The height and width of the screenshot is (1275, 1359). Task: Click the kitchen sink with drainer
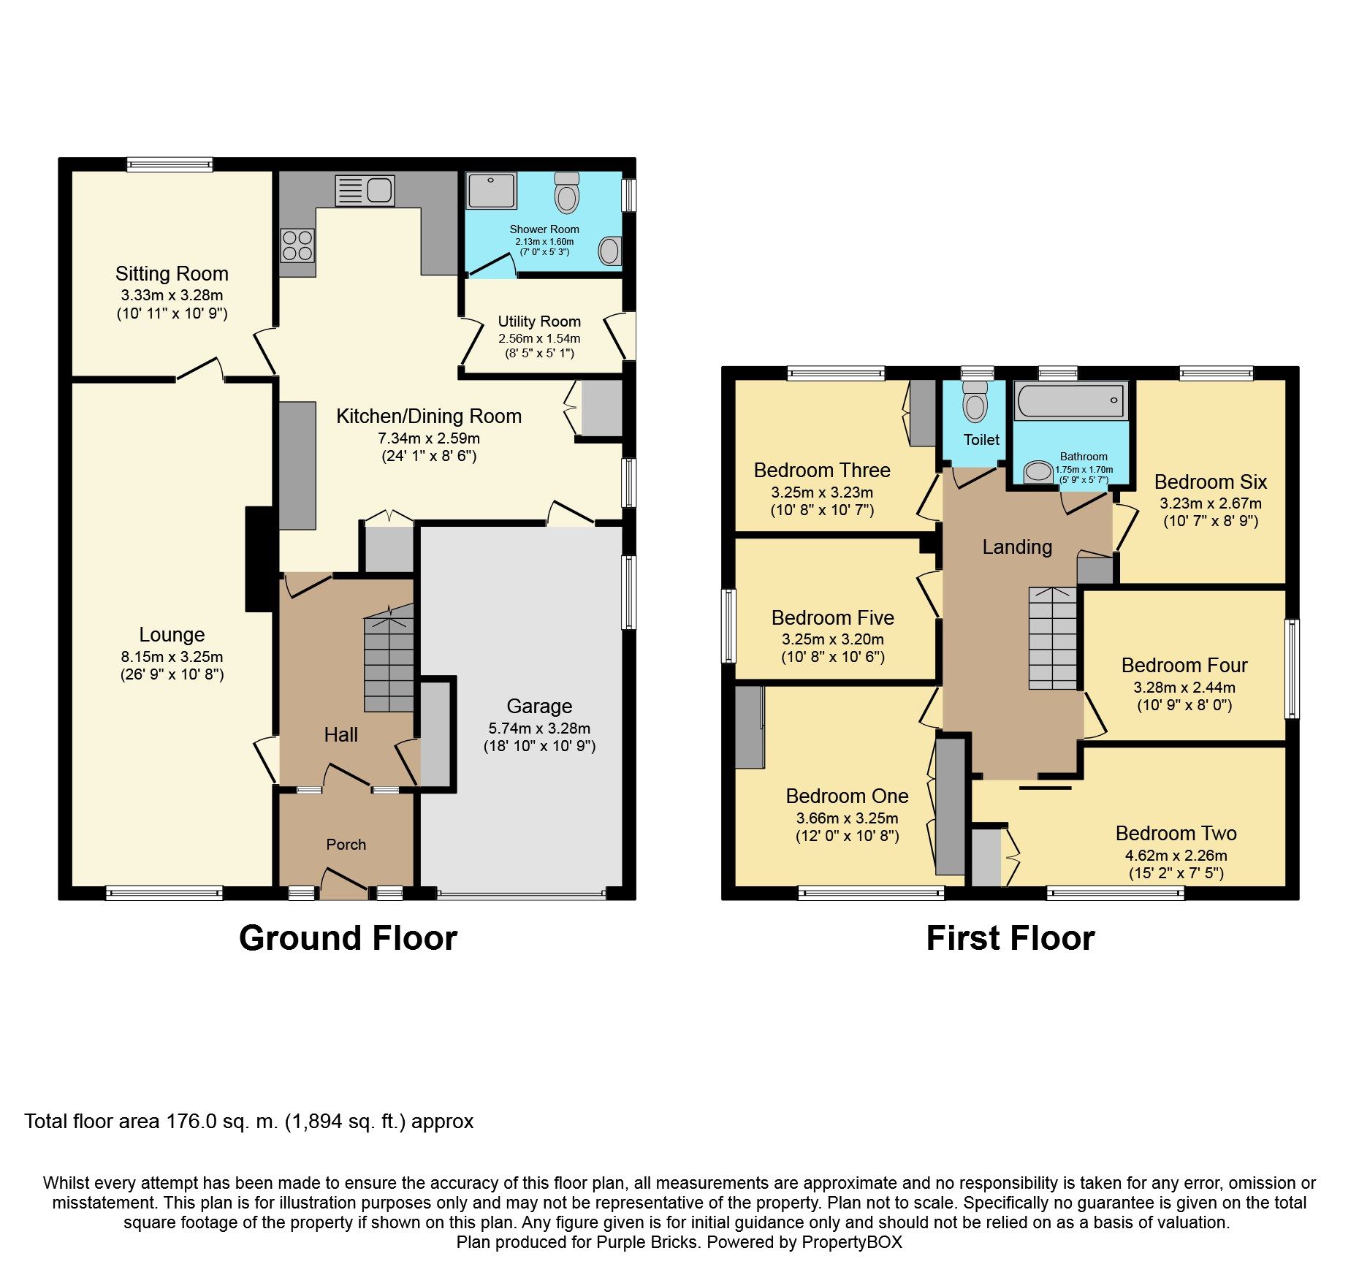point(365,190)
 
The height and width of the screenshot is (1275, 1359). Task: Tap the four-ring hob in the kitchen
point(297,246)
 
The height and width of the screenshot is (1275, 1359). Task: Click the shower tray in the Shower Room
point(492,190)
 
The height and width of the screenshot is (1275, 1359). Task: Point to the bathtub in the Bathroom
point(1070,400)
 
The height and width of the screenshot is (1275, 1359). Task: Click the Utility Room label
point(539,321)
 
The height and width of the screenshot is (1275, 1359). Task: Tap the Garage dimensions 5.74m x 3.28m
point(539,728)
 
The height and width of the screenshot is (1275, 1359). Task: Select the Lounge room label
point(172,635)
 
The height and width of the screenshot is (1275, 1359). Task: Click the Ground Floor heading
point(348,938)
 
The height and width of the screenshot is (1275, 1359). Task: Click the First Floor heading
point(1010,938)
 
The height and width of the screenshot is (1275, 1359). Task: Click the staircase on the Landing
point(1053,639)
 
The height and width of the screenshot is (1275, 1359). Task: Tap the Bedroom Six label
point(1210,482)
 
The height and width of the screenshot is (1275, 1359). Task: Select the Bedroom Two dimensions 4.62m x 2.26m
point(1176,856)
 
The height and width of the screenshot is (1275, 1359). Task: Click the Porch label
point(346,845)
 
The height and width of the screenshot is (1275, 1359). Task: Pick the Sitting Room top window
point(170,164)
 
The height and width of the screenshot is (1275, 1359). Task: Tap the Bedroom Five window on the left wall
point(728,626)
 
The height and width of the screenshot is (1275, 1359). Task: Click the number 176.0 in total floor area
point(192,1122)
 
